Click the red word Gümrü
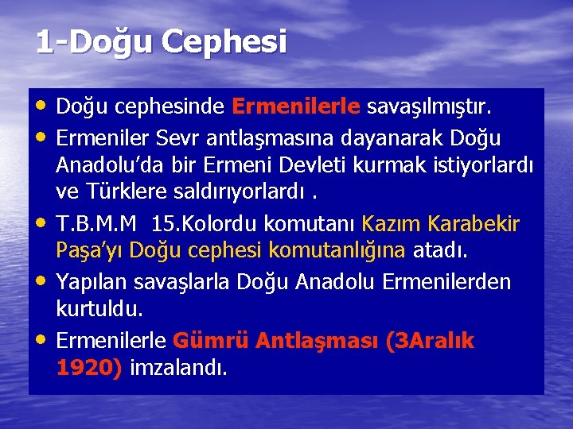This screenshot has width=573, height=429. (x=205, y=342)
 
